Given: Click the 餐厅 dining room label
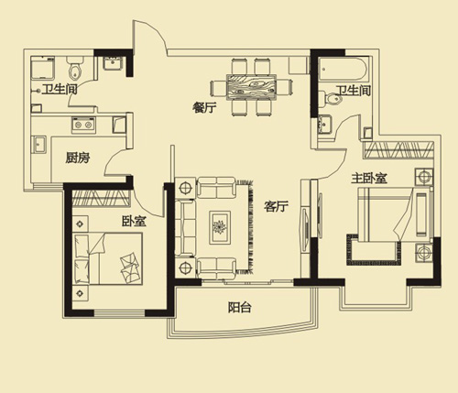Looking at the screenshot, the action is pyautogui.click(x=204, y=108).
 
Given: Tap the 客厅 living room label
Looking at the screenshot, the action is pyautogui.click(x=276, y=207).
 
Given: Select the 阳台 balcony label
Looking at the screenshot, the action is pyautogui.click(x=240, y=307).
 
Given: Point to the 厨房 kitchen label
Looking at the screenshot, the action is pyautogui.click(x=78, y=158).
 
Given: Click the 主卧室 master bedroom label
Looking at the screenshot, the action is pyautogui.click(x=369, y=178).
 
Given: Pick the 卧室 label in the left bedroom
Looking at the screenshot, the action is pyautogui.click(x=134, y=221).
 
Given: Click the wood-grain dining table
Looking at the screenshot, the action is pyautogui.click(x=251, y=87).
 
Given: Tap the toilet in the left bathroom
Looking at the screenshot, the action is pyautogui.click(x=75, y=68).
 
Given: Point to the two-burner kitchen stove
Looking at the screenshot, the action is pyautogui.click(x=83, y=125).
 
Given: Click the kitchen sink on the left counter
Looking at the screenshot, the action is pyautogui.click(x=39, y=145).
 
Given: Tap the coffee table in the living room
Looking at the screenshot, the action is pyautogui.click(x=219, y=227).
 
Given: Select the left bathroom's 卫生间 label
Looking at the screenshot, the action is pyautogui.click(x=60, y=90).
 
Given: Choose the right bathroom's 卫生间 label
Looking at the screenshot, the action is pyautogui.click(x=354, y=91).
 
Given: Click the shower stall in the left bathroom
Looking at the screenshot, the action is pyautogui.click(x=43, y=68).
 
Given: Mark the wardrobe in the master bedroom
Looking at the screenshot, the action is pyautogui.click(x=398, y=150).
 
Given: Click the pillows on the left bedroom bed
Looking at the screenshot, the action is pyautogui.click(x=82, y=258).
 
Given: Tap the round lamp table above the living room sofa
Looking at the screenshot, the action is pyautogui.click(x=185, y=187).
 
